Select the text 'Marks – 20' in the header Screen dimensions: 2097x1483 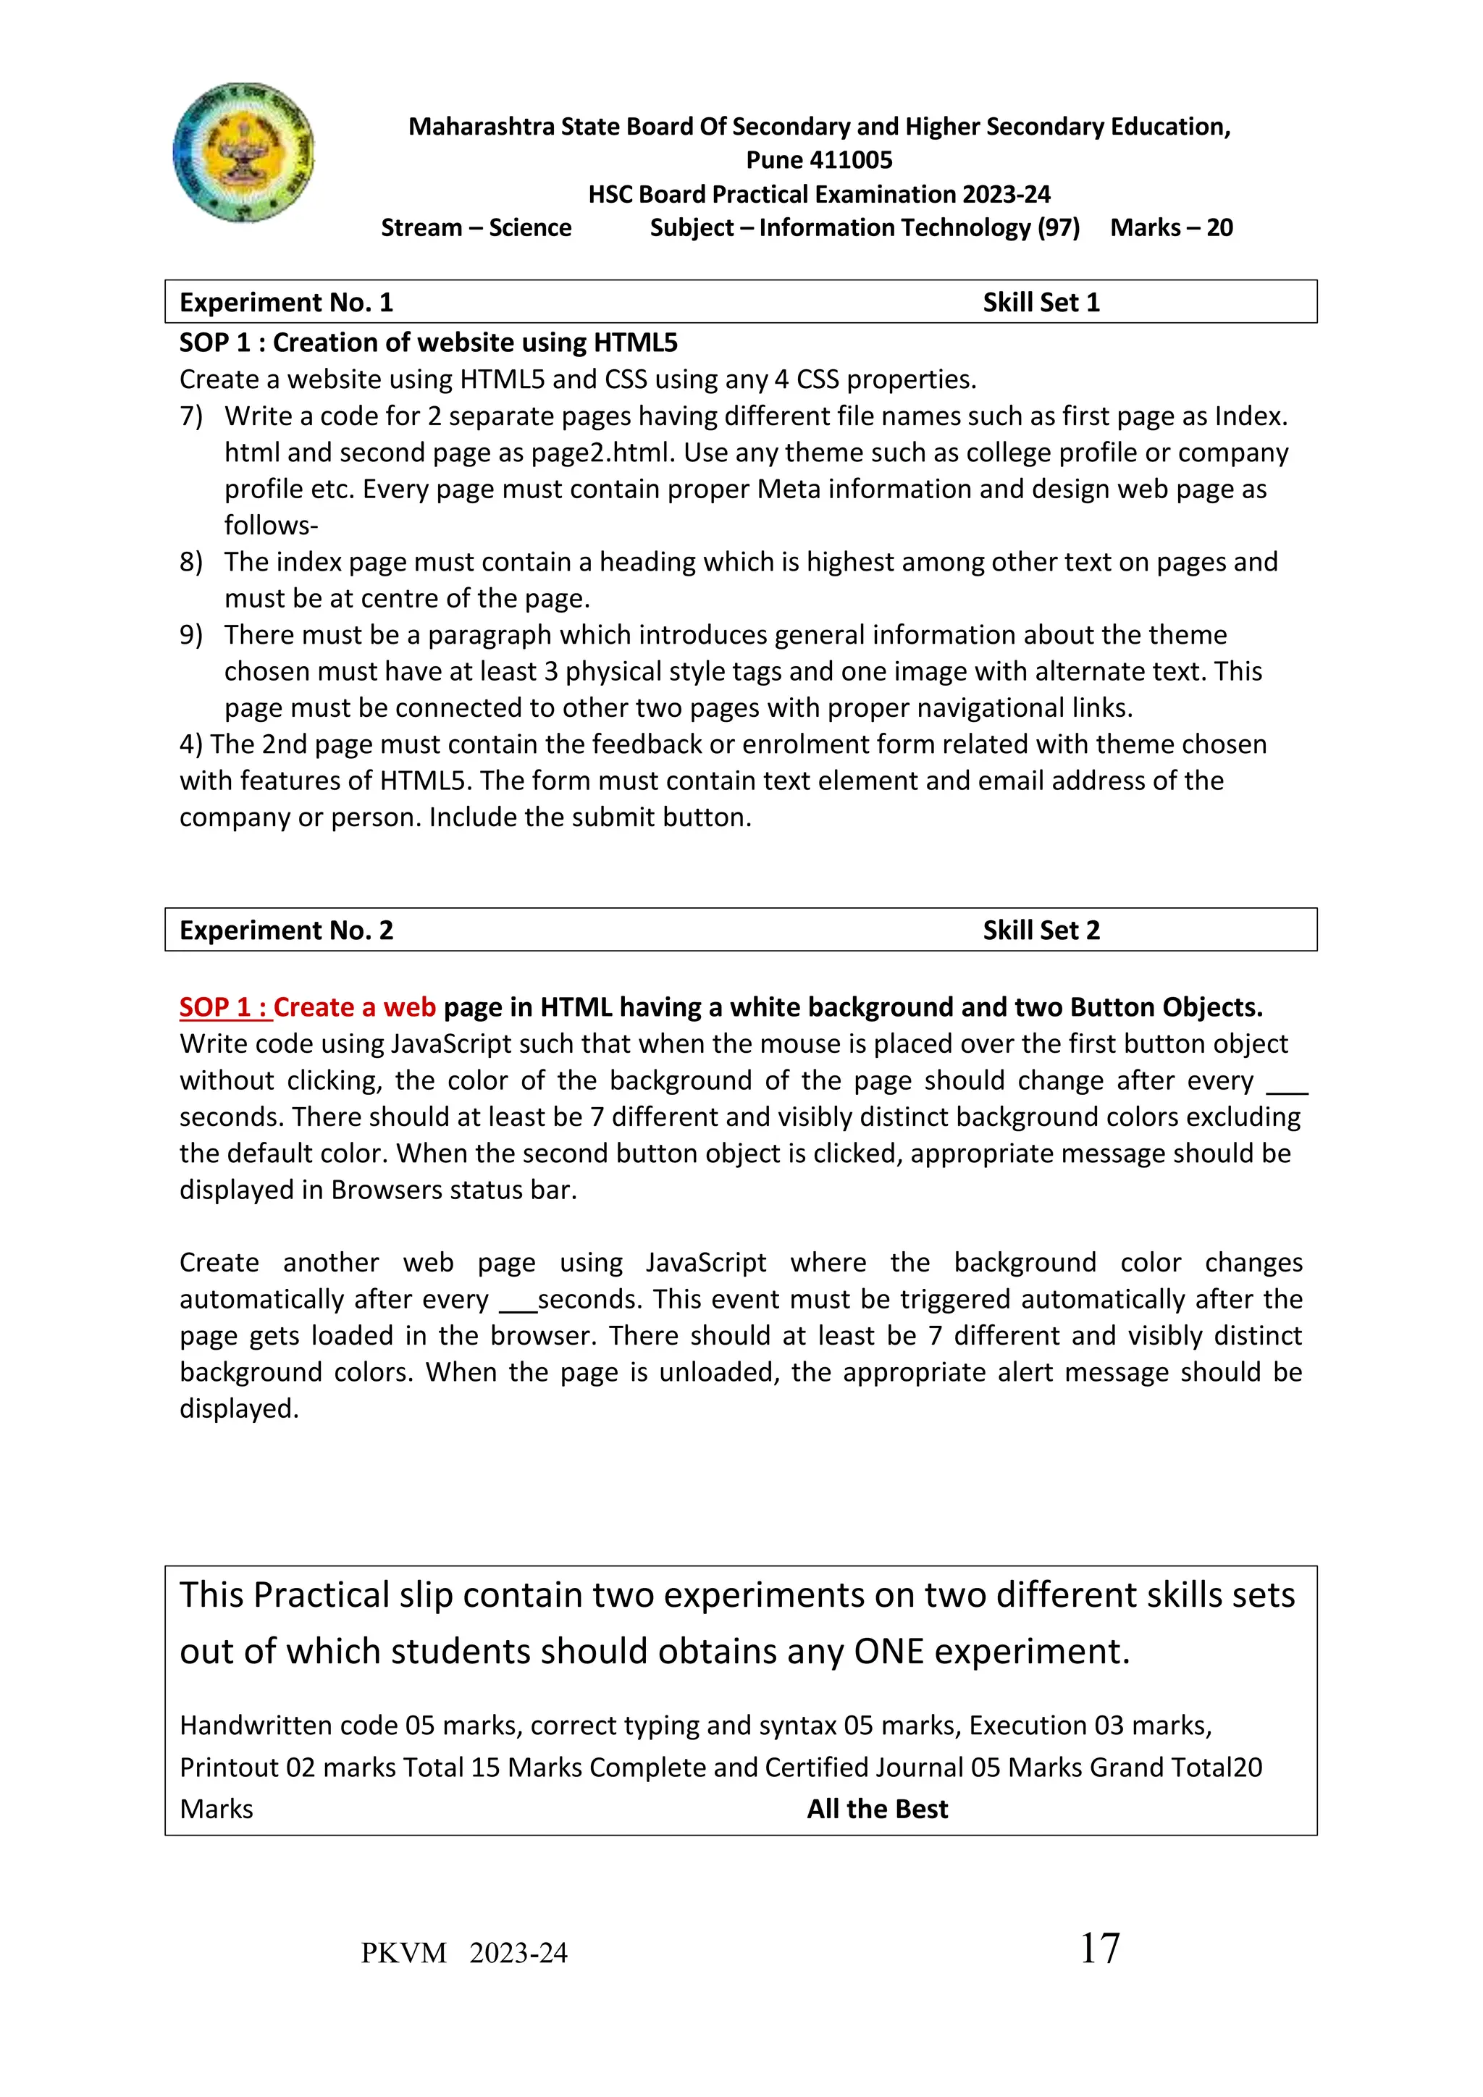click(1171, 227)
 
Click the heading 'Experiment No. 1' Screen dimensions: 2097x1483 click(286, 302)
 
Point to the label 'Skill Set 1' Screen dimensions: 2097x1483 click(1041, 302)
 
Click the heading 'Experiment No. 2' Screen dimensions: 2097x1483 click(286, 930)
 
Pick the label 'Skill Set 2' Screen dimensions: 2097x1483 click(1041, 930)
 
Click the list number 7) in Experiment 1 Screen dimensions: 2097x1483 click(191, 416)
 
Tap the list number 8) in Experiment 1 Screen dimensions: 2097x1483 click(191, 562)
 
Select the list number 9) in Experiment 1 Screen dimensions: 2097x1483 click(191, 635)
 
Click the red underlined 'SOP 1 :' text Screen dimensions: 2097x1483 click(223, 1007)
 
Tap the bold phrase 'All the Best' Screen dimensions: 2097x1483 click(878, 1810)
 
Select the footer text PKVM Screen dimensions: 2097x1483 click(403, 1954)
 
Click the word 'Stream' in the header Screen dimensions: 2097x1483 click(421, 227)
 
